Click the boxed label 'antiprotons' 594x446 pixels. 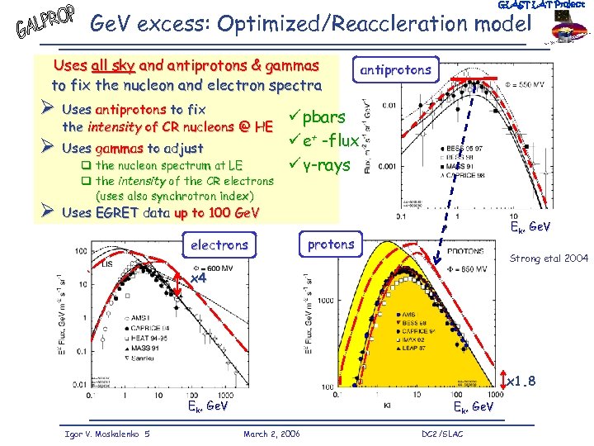(x=394, y=70)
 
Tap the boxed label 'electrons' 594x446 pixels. (x=219, y=244)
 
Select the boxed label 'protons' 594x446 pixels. (x=330, y=244)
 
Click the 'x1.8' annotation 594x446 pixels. (x=525, y=381)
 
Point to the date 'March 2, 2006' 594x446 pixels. (x=272, y=434)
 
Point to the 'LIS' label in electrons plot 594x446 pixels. (x=107, y=263)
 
